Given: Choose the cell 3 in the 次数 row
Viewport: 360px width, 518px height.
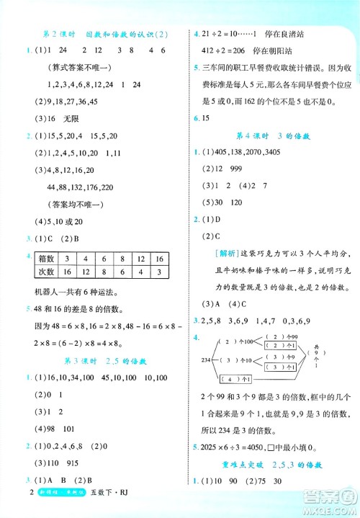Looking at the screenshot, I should pos(160,272).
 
